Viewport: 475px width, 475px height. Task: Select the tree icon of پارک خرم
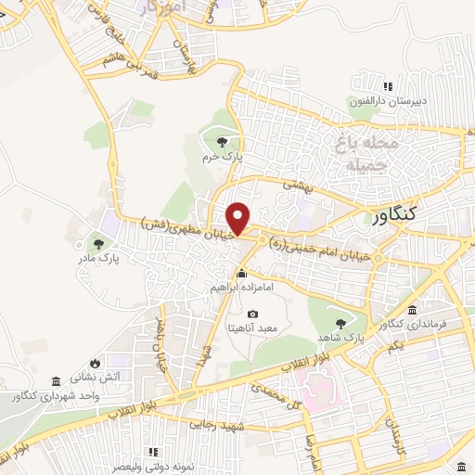(221, 142)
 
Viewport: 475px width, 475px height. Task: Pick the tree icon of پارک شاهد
(340, 323)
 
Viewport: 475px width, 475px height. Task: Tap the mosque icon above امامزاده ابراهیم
(241, 274)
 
